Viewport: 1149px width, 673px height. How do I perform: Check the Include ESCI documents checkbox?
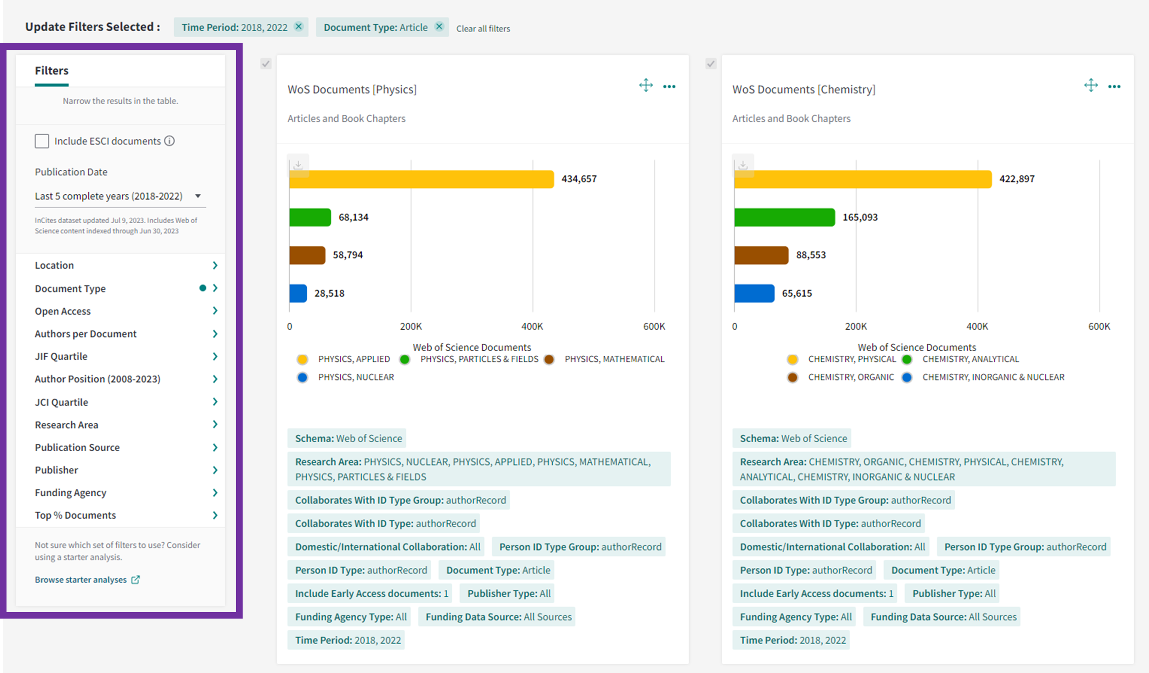coord(42,141)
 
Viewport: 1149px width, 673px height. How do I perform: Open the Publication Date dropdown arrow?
coord(198,196)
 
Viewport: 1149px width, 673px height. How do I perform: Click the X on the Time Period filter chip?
coord(299,27)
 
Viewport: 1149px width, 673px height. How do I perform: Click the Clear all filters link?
coord(483,28)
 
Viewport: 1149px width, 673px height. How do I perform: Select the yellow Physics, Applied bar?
coord(421,179)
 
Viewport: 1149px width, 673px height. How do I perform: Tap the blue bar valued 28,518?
coord(298,293)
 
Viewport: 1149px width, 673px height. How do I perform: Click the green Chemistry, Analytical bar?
coord(785,217)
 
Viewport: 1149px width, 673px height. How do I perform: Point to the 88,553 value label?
coord(811,255)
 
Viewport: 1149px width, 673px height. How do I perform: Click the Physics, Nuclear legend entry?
coord(356,377)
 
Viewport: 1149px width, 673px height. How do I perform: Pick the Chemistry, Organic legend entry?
coord(850,377)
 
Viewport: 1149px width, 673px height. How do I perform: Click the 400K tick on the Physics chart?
coord(532,327)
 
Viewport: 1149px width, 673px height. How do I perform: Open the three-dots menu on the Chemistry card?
coord(1114,87)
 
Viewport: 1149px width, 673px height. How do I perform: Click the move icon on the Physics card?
coord(646,86)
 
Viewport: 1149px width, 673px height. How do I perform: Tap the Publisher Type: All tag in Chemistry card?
coord(954,593)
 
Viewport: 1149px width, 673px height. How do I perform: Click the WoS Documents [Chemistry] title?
coord(804,89)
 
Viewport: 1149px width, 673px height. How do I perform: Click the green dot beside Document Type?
coord(203,288)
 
